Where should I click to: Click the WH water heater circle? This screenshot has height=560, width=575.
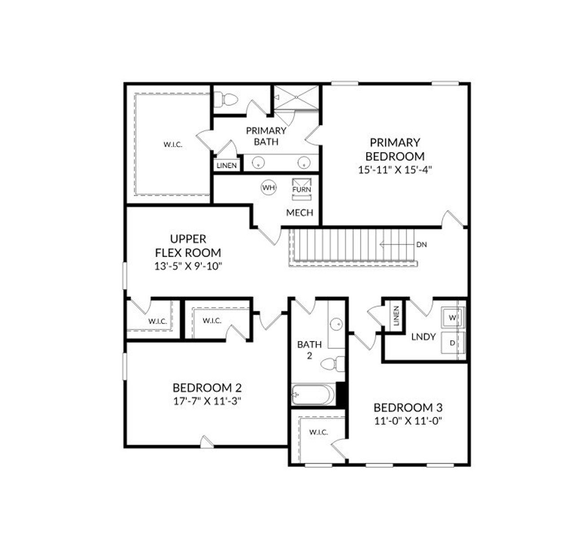(269, 188)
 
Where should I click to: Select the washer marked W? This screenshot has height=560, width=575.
(452, 318)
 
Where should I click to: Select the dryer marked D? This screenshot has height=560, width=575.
(452, 343)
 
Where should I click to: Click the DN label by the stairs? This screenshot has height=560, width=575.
(421, 245)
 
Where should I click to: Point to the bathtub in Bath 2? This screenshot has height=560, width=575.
(313, 395)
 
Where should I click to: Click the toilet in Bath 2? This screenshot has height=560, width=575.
(334, 363)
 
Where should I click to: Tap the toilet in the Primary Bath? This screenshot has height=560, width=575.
(225, 99)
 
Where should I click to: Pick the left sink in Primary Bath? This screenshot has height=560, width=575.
(258, 162)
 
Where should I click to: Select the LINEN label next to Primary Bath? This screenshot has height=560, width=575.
(227, 166)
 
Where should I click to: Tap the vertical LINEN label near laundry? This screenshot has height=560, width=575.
(396, 316)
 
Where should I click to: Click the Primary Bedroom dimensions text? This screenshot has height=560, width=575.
(395, 170)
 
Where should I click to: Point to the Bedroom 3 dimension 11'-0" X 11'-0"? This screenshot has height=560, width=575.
(408, 421)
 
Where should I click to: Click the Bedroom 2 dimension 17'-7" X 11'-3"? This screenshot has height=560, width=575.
(208, 401)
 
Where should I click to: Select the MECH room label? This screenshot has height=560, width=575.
(300, 213)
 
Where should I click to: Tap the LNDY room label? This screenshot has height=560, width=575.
(423, 336)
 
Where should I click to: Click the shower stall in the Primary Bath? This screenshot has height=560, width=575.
(296, 97)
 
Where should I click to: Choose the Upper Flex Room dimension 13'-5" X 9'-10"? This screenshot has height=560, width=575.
(188, 266)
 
